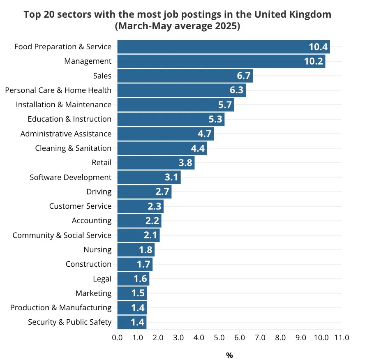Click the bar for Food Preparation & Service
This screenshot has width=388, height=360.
[224, 47]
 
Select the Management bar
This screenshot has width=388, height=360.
[221, 61]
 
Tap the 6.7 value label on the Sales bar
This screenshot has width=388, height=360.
[244, 76]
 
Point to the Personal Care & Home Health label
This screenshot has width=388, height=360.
[58, 90]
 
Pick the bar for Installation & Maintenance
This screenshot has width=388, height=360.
[176, 105]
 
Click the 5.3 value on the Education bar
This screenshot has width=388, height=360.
[215, 119]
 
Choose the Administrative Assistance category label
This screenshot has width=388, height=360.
[66, 134]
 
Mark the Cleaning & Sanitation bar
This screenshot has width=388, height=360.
[162, 148]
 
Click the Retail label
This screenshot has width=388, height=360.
[102, 163]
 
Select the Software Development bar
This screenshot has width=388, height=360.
[149, 177]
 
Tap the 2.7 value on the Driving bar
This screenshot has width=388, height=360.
[162, 192]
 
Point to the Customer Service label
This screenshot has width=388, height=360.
[80, 206]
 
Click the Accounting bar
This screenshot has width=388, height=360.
[139, 221]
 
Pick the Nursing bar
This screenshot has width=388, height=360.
[136, 249]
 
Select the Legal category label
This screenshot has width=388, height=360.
[102, 279]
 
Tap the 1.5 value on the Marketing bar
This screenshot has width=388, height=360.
[138, 293]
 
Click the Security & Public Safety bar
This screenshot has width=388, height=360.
[132, 322]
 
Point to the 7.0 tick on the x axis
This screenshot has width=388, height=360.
[260, 338]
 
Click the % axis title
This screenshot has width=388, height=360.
[229, 355]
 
